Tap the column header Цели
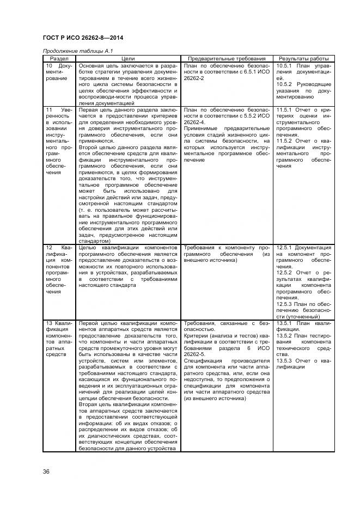tap(128, 58)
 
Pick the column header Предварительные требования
tap(227, 58)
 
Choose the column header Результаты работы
tap(303, 58)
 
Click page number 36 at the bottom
tap(46, 471)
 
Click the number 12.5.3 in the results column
tap(285, 304)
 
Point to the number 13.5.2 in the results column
tap(285, 335)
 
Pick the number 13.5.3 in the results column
tap(285, 360)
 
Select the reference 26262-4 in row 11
tap(195, 122)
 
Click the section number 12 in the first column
tap(48, 248)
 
